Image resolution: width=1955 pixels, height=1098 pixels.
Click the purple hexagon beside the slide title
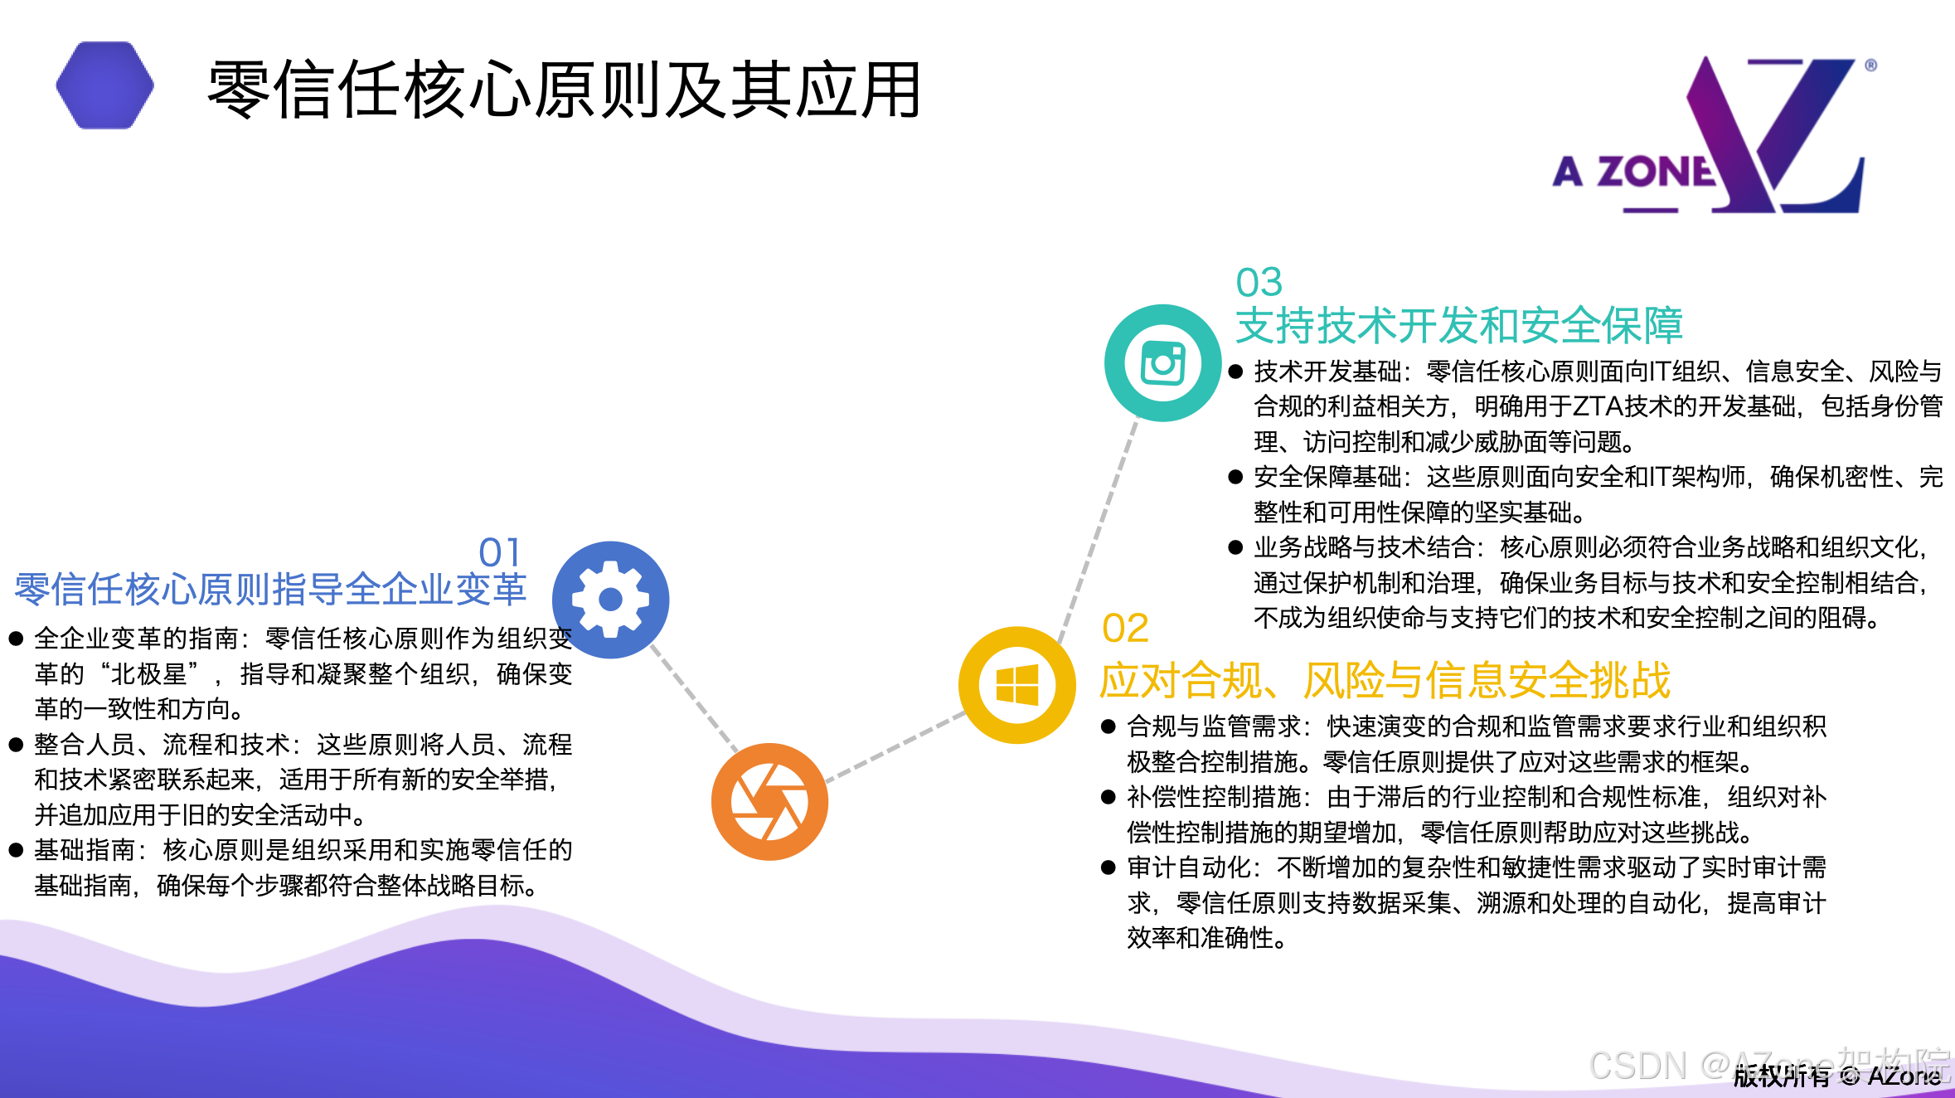click(x=104, y=85)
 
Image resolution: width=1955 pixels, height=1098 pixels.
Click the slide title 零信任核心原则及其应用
click(x=564, y=90)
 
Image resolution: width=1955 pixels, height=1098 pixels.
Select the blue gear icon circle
click(x=610, y=600)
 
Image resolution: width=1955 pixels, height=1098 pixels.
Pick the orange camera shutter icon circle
click(x=769, y=801)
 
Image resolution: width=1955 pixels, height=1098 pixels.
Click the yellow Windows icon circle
click(x=1016, y=685)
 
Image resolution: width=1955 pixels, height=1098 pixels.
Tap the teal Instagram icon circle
click(x=1162, y=363)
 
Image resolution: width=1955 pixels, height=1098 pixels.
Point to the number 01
click(x=500, y=552)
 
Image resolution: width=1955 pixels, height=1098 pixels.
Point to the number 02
click(x=1125, y=628)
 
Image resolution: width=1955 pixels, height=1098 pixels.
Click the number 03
click(x=1259, y=283)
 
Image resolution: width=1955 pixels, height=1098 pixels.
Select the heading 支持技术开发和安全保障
click(x=1458, y=325)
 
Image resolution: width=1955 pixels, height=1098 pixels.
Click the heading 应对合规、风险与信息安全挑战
click(x=1385, y=681)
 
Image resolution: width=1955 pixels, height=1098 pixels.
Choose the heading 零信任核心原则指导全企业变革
click(x=270, y=590)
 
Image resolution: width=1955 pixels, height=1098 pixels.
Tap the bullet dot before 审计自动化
click(x=1108, y=868)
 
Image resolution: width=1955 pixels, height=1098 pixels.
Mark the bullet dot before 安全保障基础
click(x=1235, y=477)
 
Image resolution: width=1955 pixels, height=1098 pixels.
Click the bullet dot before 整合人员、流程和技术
click(x=16, y=745)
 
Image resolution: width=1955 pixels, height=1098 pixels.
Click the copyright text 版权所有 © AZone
click(x=1836, y=1076)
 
